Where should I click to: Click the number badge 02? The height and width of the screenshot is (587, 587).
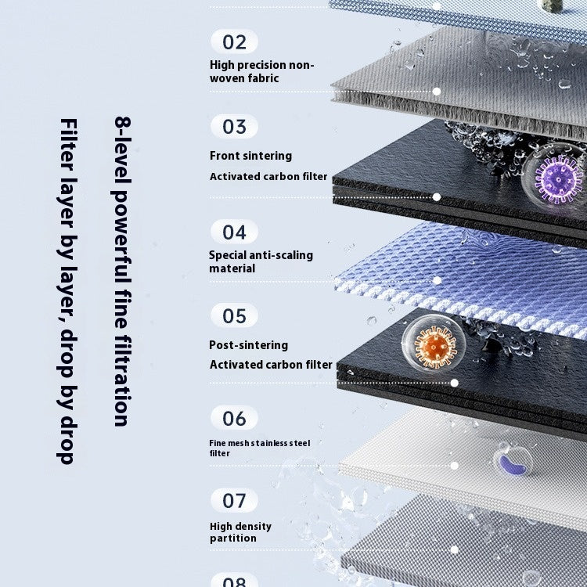(234, 41)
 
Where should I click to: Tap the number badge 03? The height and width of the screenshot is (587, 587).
(234, 127)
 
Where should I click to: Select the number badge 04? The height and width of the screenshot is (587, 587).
(234, 232)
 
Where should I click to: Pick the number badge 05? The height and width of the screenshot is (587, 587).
(234, 316)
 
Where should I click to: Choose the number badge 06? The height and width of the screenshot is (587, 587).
(234, 418)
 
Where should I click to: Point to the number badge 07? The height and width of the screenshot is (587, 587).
(234, 501)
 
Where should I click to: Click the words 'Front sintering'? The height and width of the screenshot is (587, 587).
(250, 156)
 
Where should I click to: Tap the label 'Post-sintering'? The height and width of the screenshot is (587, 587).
(249, 345)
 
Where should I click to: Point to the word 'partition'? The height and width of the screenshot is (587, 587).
(233, 538)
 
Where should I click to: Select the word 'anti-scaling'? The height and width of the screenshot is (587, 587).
(281, 255)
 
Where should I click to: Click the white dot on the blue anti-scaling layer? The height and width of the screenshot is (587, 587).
(437, 280)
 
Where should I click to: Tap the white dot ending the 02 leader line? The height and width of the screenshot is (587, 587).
(437, 92)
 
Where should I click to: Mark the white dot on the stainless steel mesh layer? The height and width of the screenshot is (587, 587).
(455, 466)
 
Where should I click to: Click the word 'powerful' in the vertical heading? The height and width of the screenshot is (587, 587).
(122, 233)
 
